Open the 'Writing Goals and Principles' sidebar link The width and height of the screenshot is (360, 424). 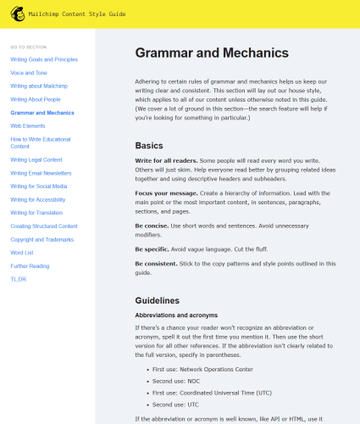(44, 59)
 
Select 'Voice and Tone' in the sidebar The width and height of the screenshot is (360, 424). (29, 73)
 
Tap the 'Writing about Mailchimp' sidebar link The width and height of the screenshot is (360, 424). (38, 86)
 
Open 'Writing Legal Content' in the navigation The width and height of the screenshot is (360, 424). (36, 159)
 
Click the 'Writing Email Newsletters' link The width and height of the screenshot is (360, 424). (41, 172)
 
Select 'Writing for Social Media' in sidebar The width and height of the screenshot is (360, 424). (39, 186)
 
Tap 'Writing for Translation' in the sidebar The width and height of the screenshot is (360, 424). (36, 212)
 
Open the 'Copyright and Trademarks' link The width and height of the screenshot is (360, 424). (42, 239)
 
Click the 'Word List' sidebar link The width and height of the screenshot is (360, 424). (23, 252)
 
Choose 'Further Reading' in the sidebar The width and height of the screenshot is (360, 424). (30, 265)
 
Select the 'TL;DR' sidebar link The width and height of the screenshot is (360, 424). (19, 278)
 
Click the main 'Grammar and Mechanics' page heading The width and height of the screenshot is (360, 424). (211, 53)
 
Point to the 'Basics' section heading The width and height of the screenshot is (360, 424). (150, 144)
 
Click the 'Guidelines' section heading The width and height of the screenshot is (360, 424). (157, 300)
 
